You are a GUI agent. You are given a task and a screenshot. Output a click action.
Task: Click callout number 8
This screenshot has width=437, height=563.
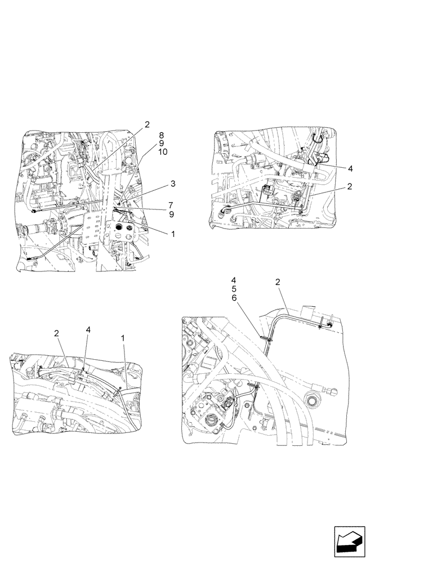coord(162,135)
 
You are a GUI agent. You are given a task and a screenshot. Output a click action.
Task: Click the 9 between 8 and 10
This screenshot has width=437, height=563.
coord(162,144)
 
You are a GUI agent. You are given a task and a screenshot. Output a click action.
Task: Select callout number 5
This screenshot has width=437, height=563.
coord(234,289)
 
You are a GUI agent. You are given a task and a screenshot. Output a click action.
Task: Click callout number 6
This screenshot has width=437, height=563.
coord(234,298)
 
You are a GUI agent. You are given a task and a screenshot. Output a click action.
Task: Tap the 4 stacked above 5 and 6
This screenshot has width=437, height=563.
coord(234,280)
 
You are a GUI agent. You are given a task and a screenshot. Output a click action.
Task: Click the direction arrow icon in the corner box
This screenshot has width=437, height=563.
coord(350,542)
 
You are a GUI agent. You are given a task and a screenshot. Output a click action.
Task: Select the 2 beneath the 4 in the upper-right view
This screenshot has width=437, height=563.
coord(350,186)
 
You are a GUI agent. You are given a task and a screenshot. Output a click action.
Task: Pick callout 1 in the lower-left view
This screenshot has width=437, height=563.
coord(123,338)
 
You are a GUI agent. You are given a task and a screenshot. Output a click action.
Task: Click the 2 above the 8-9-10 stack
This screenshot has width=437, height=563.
coord(147,124)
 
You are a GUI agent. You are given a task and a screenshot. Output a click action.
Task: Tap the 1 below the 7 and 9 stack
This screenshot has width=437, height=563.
coord(173,234)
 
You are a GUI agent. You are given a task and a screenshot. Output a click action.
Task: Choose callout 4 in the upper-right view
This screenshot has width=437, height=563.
coord(350,168)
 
